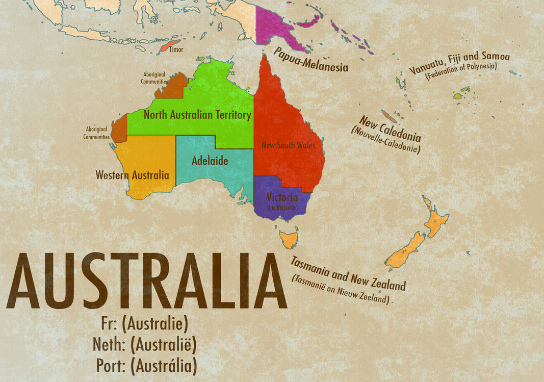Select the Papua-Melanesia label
click(311, 60)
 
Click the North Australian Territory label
click(197, 115)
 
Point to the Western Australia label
click(132, 175)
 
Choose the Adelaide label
click(210, 161)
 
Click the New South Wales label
click(288, 145)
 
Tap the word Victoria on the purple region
click(283, 198)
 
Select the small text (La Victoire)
click(282, 208)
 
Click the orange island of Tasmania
click(289, 238)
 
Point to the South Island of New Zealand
click(404, 251)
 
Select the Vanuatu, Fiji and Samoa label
click(459, 62)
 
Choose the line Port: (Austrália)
click(146, 365)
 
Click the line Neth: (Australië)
click(144, 344)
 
